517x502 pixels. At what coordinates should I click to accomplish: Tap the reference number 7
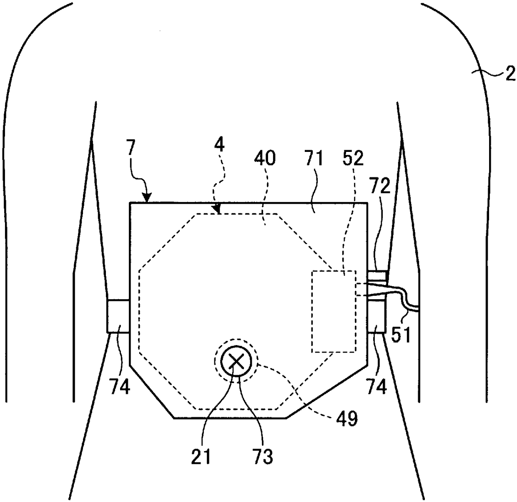coord(131,149)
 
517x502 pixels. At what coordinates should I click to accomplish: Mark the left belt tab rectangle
coord(118,316)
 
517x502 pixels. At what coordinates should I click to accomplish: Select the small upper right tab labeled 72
coord(377,276)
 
